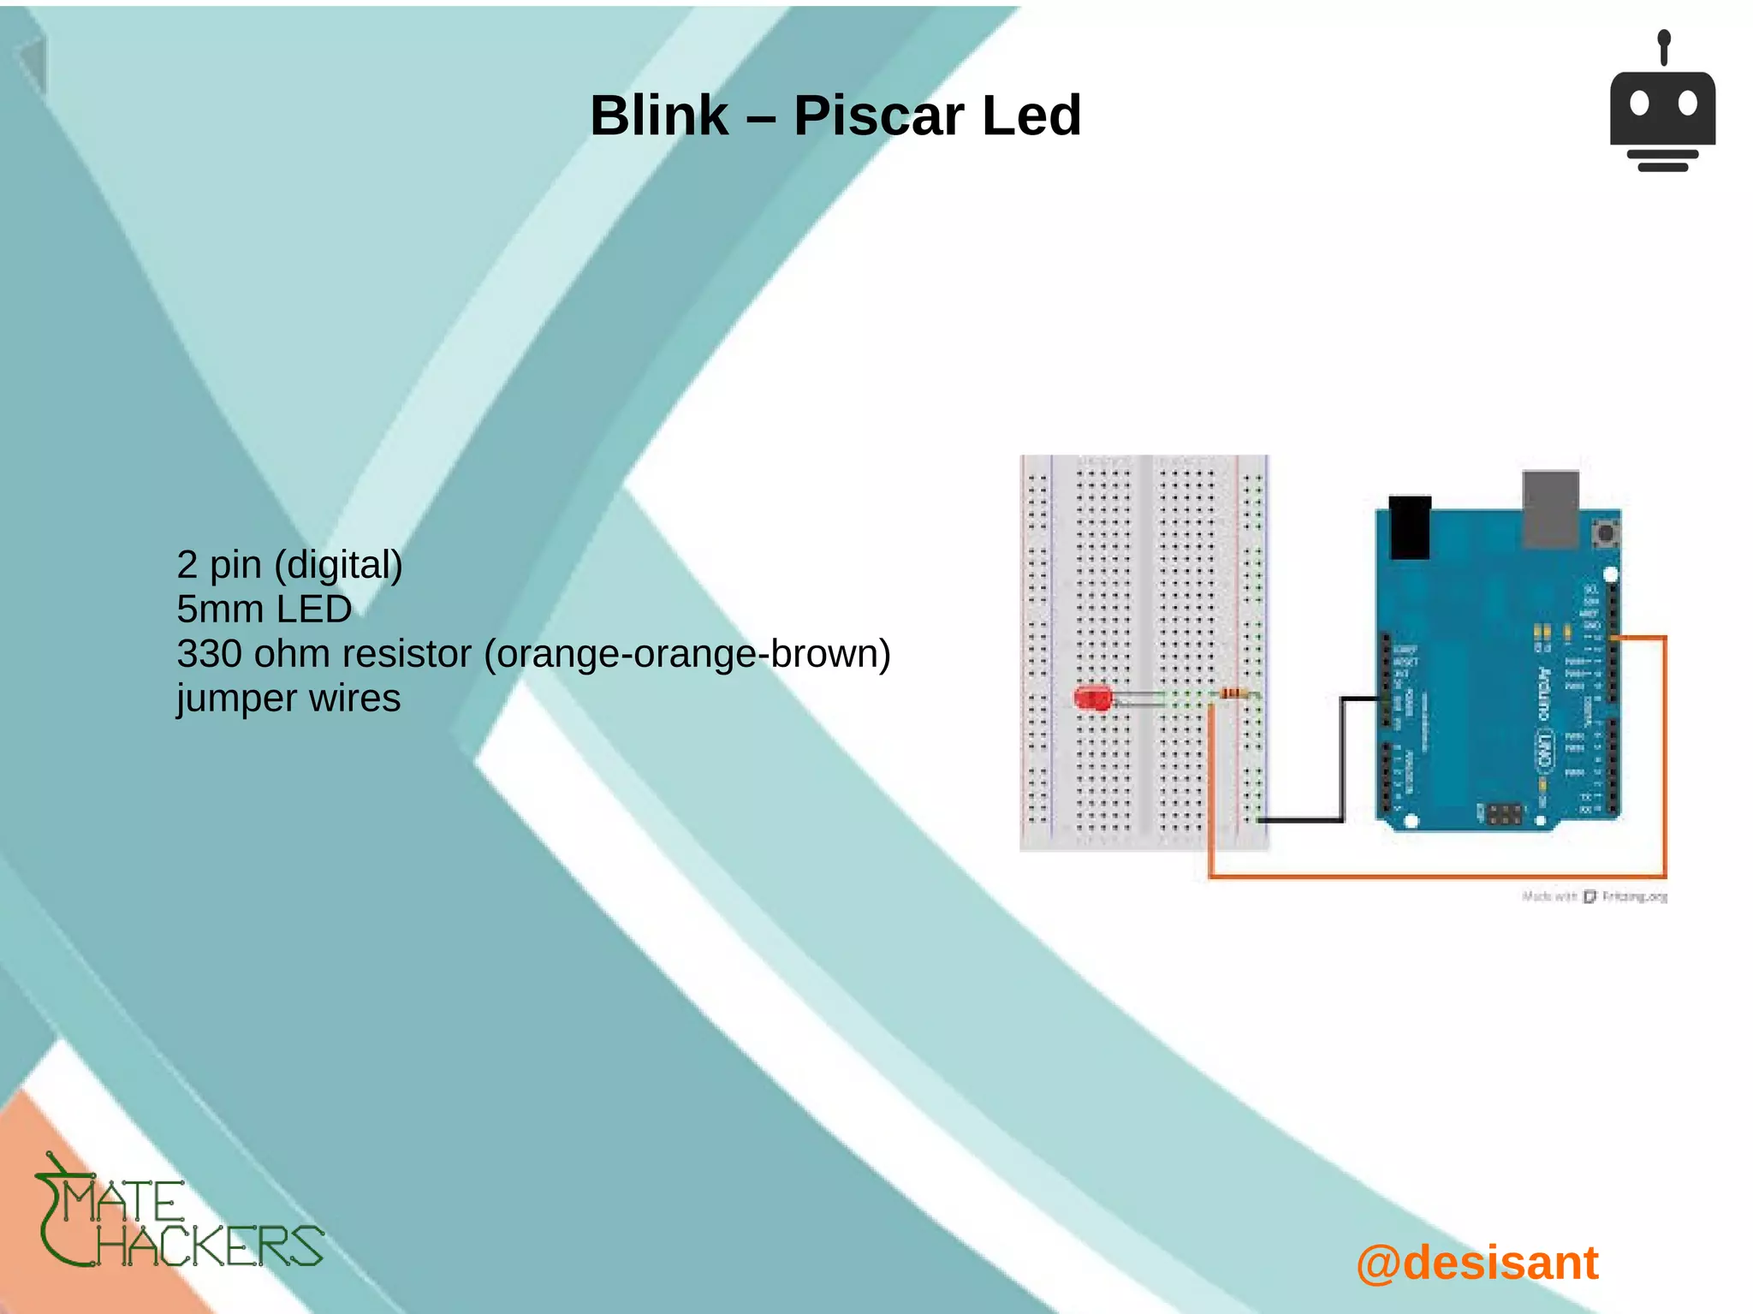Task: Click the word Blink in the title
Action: click(659, 116)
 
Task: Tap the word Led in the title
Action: click(1031, 116)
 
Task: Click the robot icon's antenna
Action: click(1663, 47)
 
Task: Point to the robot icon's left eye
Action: click(1639, 104)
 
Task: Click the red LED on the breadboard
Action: click(1092, 698)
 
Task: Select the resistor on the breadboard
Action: click(1233, 693)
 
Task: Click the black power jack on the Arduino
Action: click(1410, 526)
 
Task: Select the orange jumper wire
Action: click(1438, 876)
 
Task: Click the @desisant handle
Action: click(1477, 1263)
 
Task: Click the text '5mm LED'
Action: click(264, 609)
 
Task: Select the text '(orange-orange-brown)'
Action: click(687, 654)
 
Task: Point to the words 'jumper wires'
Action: click(288, 699)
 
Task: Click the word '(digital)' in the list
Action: click(338, 565)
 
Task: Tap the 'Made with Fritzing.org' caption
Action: click(1594, 896)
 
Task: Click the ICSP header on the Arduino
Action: click(1504, 813)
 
